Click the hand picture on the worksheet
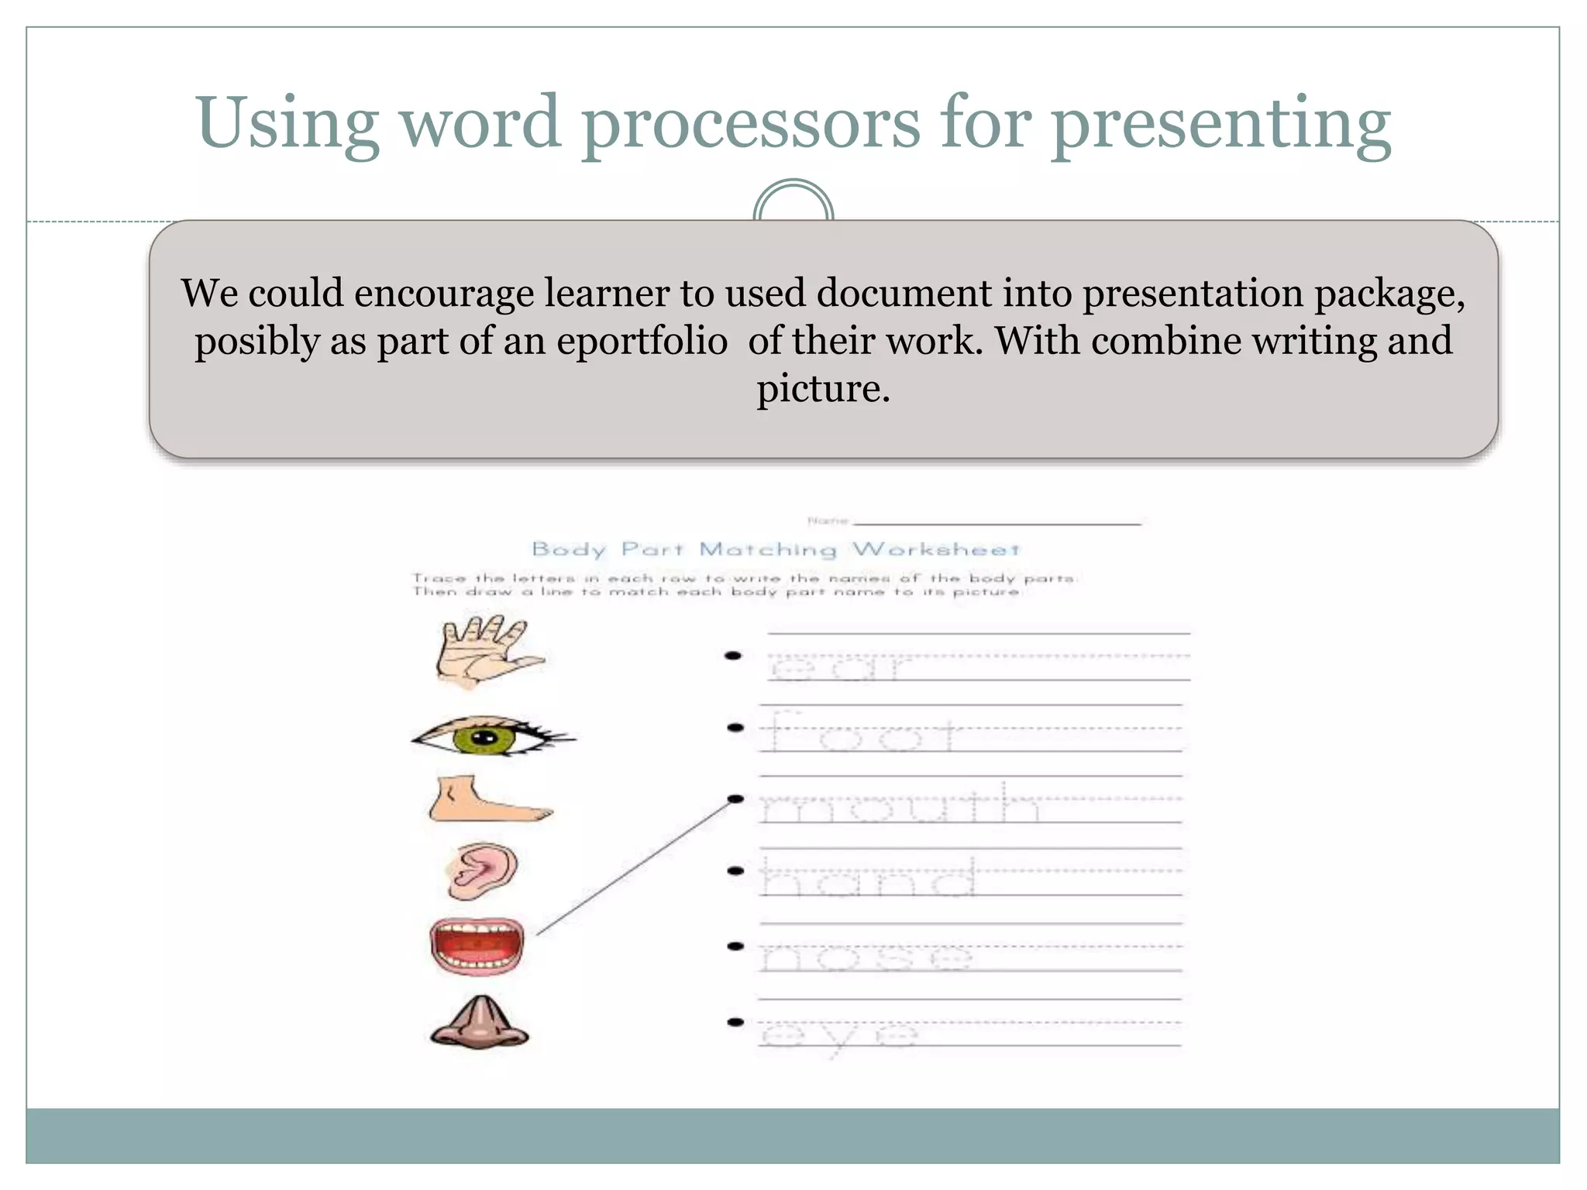(x=487, y=652)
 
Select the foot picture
(x=488, y=801)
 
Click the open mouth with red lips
(x=477, y=947)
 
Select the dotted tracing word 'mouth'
(x=899, y=804)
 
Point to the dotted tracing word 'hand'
(x=868, y=877)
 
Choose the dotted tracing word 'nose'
(x=865, y=956)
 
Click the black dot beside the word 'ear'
(x=733, y=656)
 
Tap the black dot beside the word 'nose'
(x=735, y=946)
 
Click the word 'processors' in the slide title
(x=751, y=124)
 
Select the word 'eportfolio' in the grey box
(x=642, y=341)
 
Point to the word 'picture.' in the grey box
(x=823, y=388)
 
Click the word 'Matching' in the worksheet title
(x=768, y=549)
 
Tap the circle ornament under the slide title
(x=793, y=203)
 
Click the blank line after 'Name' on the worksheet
(x=997, y=523)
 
